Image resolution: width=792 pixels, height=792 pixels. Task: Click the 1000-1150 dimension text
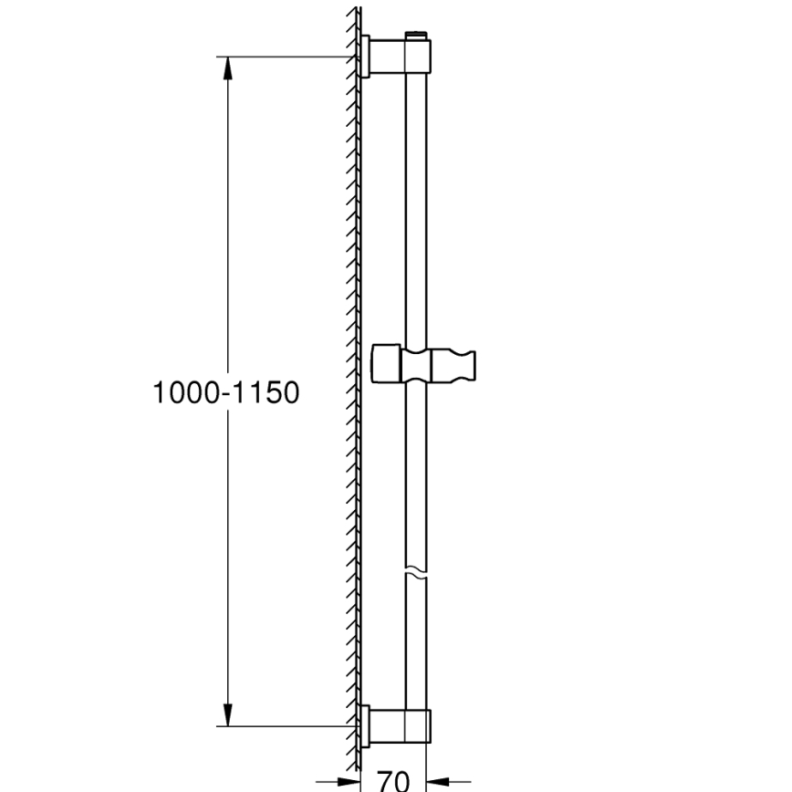[x=225, y=393]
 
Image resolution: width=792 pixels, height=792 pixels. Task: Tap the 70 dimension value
[x=392, y=780]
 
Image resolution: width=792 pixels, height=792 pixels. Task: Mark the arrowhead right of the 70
[x=435, y=781]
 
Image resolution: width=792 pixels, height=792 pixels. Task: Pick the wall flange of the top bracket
[x=365, y=57]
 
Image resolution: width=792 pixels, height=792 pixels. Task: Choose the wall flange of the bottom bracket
[x=365, y=726]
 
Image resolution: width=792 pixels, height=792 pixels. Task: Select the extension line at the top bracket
[x=283, y=57]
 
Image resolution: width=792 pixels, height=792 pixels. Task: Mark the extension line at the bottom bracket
[x=283, y=727]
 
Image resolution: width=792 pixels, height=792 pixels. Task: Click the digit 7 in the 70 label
[x=384, y=780]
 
